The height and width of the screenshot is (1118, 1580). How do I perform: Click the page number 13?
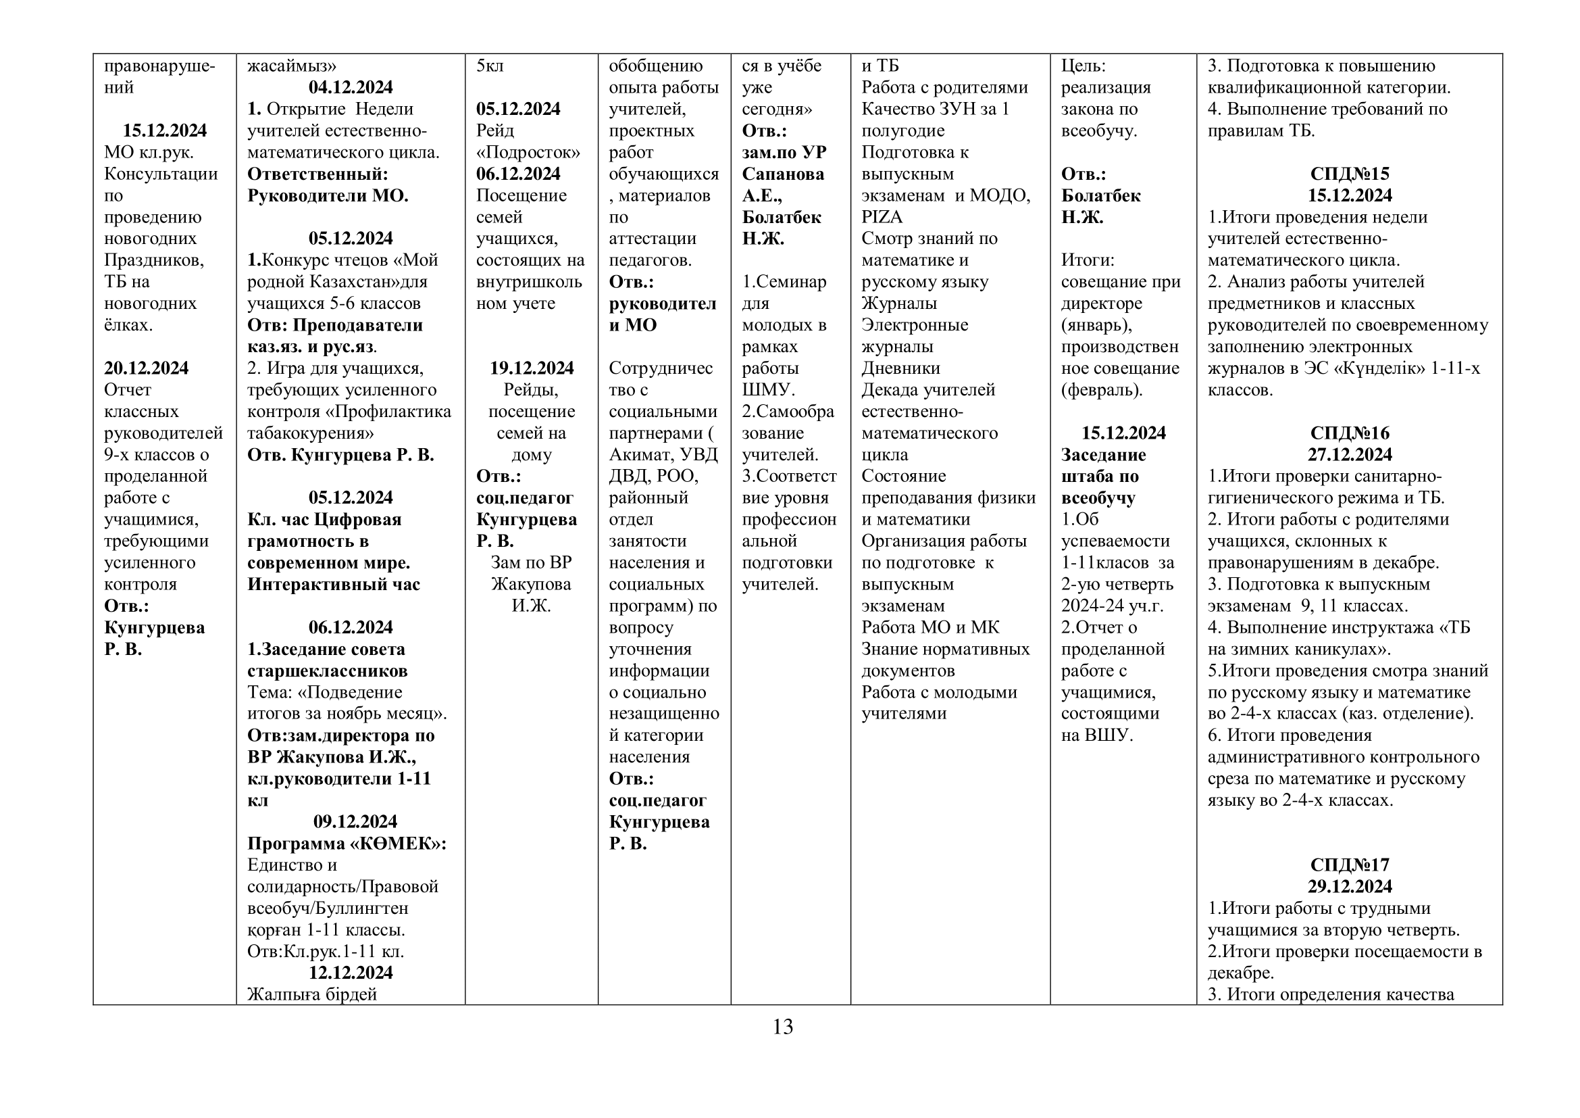pos(782,1027)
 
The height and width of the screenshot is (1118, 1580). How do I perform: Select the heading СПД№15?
pos(1350,174)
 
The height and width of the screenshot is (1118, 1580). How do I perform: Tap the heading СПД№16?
pos(1350,434)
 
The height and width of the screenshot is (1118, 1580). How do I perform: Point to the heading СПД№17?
pos(1350,865)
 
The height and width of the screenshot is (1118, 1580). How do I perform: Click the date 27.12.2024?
pos(1350,455)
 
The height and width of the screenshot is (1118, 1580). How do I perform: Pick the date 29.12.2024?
pos(1350,887)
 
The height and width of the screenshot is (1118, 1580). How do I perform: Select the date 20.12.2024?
pos(146,368)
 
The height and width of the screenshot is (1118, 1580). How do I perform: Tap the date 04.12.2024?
pos(351,87)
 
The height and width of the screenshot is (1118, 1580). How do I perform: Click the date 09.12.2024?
pos(355,822)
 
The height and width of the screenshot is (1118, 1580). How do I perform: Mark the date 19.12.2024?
pos(531,368)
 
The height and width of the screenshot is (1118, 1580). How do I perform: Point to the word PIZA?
pos(882,218)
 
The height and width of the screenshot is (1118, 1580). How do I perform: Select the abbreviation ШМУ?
pos(767,390)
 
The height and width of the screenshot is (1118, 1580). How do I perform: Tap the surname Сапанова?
pos(782,174)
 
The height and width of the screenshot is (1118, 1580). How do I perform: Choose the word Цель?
pos(1083,66)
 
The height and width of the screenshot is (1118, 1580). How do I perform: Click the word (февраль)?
pos(1101,390)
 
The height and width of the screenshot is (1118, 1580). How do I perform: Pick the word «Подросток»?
pos(528,152)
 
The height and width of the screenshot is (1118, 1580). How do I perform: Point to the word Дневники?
pos(900,368)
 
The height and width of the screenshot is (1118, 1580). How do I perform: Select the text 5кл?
pos(490,66)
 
